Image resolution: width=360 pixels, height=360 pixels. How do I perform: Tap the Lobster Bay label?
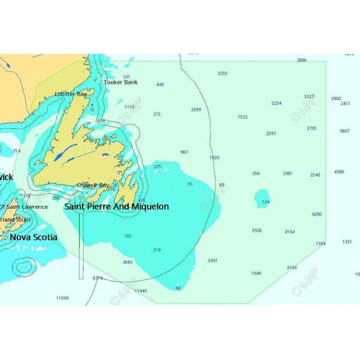(70, 94)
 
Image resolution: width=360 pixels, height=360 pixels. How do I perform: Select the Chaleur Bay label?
(93, 185)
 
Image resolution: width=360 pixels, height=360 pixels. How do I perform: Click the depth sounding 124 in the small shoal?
(265, 202)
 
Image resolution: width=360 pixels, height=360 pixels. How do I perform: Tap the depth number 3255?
(222, 73)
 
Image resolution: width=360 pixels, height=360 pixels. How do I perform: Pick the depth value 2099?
(196, 110)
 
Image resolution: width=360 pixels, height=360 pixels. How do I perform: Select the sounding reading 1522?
(243, 117)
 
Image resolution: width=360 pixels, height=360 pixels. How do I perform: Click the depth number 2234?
(276, 103)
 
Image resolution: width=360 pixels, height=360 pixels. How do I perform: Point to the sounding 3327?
(309, 96)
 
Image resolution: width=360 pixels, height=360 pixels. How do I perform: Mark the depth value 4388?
(339, 171)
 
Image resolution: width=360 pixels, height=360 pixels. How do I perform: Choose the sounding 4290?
(317, 214)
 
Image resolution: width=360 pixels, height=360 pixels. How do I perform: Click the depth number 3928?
(257, 230)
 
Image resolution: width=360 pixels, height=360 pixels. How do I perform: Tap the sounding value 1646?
(256, 273)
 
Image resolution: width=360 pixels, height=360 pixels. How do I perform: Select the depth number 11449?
(140, 290)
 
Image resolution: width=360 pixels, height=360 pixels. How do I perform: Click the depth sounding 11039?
(62, 297)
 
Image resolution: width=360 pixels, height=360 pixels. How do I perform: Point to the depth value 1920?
(214, 157)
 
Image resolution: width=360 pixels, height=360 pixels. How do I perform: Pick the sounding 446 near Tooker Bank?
(160, 84)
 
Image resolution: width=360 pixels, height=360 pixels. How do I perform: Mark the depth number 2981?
(288, 173)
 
